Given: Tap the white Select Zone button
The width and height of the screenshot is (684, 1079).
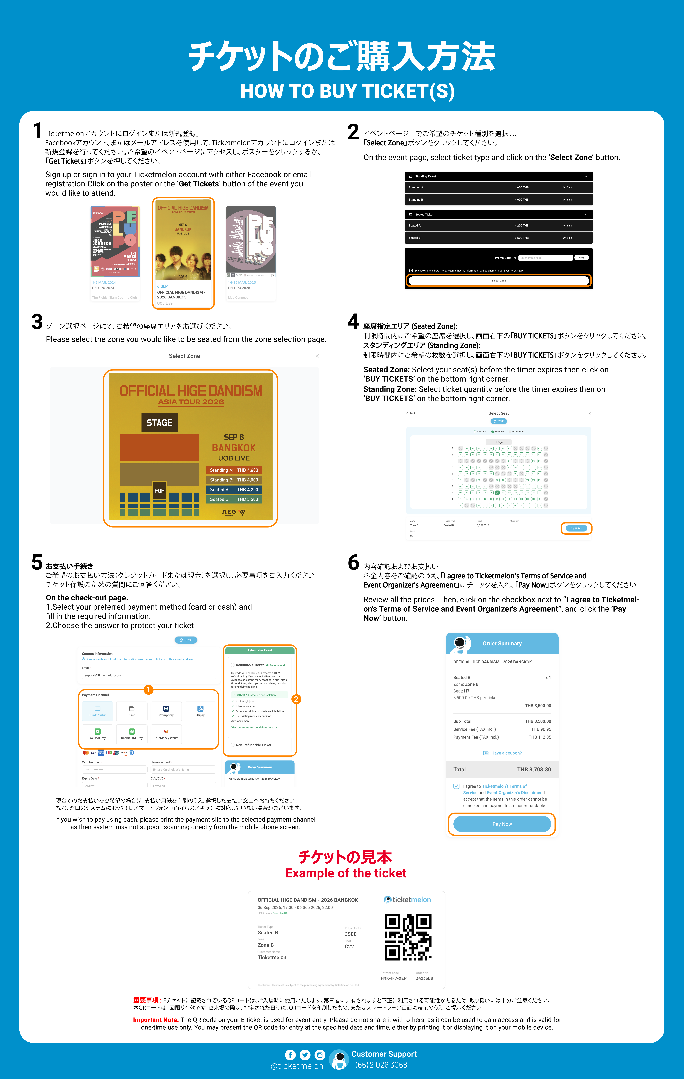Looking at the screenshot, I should (499, 281).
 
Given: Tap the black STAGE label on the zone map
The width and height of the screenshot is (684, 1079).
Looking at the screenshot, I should (159, 423).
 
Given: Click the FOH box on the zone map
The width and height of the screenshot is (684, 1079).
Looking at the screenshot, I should (159, 491).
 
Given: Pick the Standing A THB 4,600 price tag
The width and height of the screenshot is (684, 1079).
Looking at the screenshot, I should (234, 470).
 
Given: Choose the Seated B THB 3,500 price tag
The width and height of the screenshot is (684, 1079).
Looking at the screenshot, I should (234, 499).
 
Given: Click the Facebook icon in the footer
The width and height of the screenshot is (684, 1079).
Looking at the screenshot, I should (290, 1055).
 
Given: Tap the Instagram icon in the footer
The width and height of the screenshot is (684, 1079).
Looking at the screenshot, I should (320, 1055).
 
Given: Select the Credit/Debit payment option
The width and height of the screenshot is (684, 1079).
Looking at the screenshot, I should (98, 711).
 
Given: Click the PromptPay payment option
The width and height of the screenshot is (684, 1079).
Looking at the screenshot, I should (166, 711).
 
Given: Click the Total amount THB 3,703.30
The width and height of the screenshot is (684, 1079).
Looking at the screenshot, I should (534, 769).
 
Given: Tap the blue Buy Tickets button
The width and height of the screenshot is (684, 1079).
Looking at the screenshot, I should (576, 528).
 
